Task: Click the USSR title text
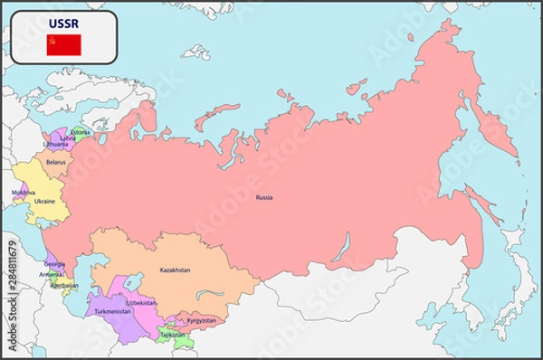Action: pos(64,22)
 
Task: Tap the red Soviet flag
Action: pos(64,44)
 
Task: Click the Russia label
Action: pos(263,197)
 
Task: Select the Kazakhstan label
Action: pos(175,270)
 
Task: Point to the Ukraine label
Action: pos(44,200)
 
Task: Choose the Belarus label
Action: pos(56,163)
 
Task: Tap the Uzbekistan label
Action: pos(141,302)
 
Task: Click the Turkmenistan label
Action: pos(113,311)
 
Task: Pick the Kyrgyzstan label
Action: pos(200,320)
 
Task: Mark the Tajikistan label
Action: pos(172,334)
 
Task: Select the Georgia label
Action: pos(54,263)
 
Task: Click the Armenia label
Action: pos(51,274)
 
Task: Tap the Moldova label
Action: pos(24,193)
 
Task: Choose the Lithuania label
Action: pos(55,144)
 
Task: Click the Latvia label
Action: pos(67,137)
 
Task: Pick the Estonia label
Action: pos(81,131)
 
